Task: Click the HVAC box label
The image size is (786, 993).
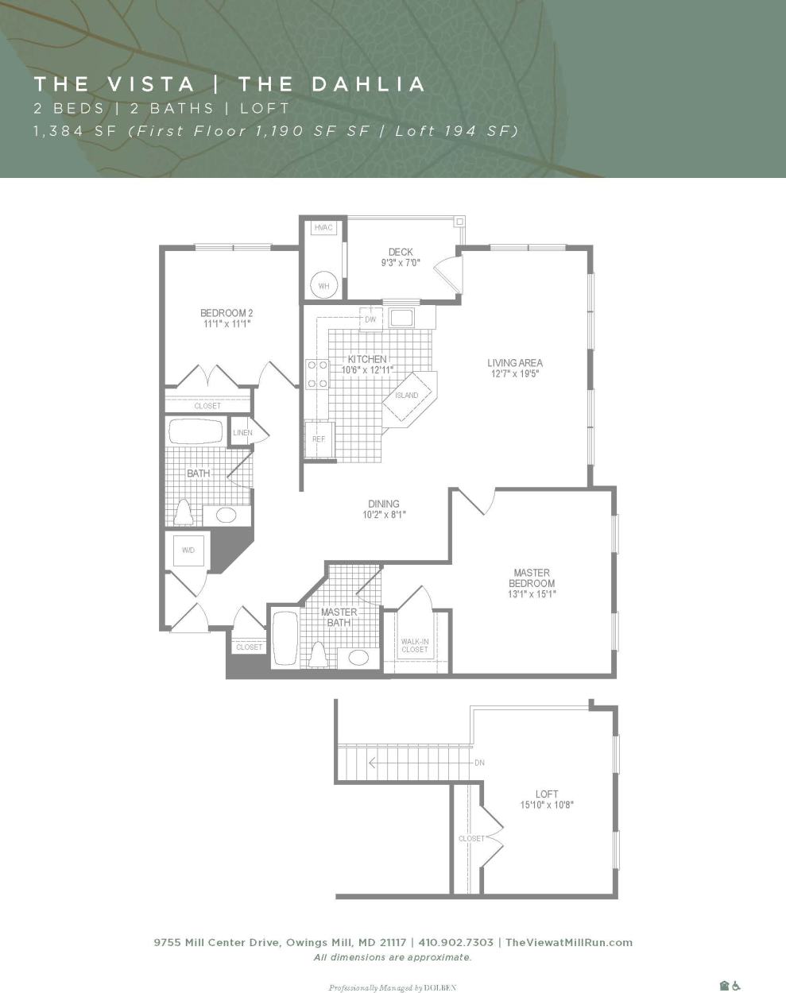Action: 323,228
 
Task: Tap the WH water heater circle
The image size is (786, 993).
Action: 324,286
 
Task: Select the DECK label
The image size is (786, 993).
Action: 401,252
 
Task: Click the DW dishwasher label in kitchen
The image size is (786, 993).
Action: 370,319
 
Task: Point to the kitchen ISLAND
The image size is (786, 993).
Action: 407,396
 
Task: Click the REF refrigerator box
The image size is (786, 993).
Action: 319,439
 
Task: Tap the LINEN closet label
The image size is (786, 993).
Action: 242,433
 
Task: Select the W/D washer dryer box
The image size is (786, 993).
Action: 188,550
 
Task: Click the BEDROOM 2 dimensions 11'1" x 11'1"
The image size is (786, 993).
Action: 227,324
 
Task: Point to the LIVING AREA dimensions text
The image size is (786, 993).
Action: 515,373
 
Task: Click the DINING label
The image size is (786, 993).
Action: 384,504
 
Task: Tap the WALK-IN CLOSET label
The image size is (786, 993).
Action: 414,645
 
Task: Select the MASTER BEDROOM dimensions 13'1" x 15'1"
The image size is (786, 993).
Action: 532,594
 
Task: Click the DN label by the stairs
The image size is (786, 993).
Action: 479,763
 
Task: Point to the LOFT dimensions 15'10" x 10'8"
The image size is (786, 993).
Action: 546,805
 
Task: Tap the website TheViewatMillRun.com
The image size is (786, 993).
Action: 569,942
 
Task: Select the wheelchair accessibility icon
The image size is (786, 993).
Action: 737,986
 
